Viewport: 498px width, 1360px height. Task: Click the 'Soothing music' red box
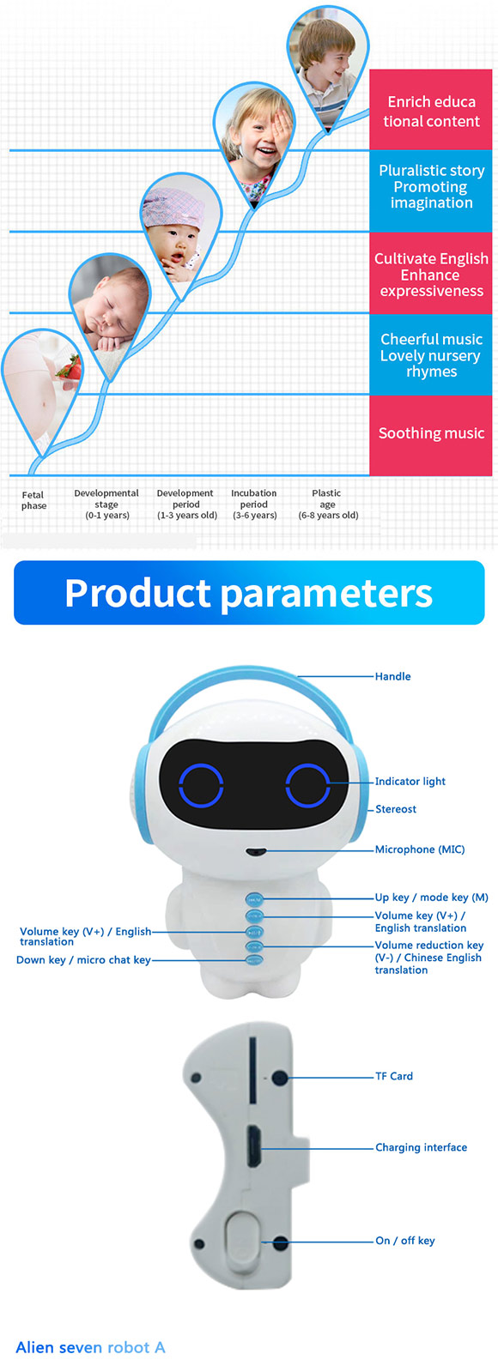430,435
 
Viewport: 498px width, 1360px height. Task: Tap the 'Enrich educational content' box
430,110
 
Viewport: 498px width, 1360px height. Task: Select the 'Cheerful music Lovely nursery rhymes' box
430,354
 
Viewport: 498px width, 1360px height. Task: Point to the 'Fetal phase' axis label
33,500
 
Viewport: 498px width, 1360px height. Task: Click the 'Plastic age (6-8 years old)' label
328,504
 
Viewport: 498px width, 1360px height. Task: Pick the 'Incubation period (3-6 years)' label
254,504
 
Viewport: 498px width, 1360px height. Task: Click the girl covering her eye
254,142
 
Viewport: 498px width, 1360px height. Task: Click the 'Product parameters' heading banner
249,593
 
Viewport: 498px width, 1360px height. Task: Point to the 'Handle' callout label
392,676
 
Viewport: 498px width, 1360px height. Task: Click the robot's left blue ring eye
201,785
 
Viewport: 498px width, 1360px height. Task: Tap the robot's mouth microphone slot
256,850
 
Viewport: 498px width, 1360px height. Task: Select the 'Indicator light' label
410,782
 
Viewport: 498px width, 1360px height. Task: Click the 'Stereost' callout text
395,809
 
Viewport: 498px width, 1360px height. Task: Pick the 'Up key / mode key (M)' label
431,898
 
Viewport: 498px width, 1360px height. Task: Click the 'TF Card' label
393,1076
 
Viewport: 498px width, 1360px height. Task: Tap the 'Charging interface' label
421,1147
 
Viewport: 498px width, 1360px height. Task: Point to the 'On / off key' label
405,1241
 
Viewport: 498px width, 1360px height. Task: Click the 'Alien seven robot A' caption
90,1347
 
